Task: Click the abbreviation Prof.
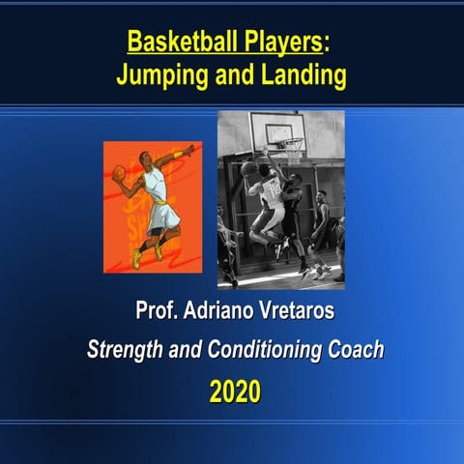pos(156,314)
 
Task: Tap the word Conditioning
pos(257,350)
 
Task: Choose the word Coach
pos(356,350)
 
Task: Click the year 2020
pos(236,392)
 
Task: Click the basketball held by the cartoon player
pos(120,173)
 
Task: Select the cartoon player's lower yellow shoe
pos(137,259)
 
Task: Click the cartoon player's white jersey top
pos(157,186)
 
